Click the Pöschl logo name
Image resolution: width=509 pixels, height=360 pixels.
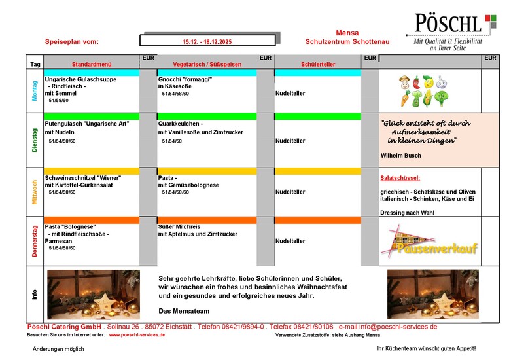[x=449, y=25]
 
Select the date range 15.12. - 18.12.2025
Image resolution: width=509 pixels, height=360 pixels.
[x=207, y=41]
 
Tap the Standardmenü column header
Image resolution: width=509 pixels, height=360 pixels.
[x=92, y=65]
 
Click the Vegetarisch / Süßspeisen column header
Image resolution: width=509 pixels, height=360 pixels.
[x=207, y=65]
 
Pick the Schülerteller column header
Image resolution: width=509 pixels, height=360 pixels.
[x=318, y=65]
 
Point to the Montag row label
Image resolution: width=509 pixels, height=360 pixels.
[x=35, y=91]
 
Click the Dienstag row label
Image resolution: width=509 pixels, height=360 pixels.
[x=35, y=140]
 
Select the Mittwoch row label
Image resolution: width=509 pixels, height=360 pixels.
[x=35, y=192]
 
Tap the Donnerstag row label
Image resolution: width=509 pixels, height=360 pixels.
[x=35, y=240]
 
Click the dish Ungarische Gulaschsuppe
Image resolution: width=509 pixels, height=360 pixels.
[x=80, y=79]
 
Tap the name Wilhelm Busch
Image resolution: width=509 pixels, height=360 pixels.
[x=400, y=156]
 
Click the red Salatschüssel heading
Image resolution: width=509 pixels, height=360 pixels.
[x=400, y=178]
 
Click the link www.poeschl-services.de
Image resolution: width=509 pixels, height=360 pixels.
[x=137, y=335]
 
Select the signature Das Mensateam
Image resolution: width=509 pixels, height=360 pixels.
[x=183, y=310]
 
